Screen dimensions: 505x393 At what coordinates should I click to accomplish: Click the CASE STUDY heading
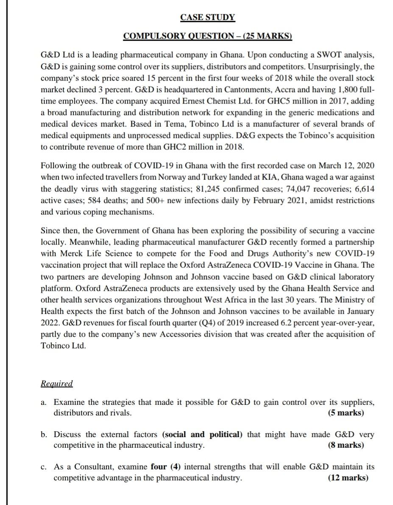pyautogui.click(x=207, y=17)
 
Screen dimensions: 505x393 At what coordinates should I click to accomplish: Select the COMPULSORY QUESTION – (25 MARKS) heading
pyautogui.click(x=208, y=36)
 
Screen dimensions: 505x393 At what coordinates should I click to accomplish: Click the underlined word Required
pyautogui.click(x=56, y=384)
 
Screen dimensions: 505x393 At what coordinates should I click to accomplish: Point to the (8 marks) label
pyautogui.click(x=346, y=445)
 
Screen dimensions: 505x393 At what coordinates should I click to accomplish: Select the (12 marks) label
pyautogui.click(x=348, y=478)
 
